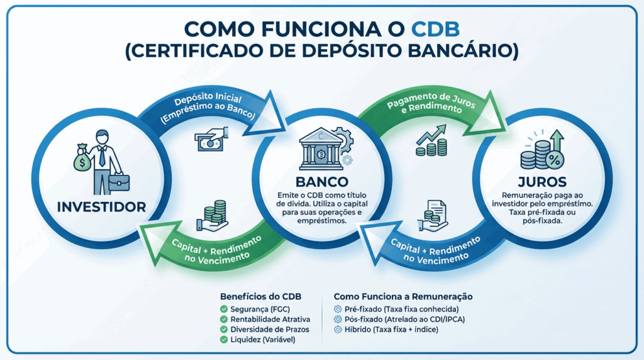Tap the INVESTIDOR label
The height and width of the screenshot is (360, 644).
[101, 206]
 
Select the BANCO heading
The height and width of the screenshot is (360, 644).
[321, 181]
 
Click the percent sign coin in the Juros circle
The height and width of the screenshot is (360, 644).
[554, 160]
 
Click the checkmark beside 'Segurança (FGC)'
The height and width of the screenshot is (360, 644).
[224, 309]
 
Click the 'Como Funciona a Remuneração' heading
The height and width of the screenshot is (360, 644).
[403, 296]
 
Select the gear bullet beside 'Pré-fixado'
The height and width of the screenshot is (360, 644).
[338, 309]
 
